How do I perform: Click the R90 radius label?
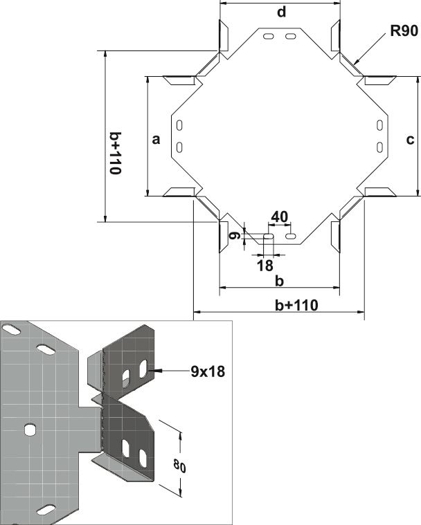point(404,31)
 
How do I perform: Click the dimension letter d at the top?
point(282,12)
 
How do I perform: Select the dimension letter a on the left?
point(156,139)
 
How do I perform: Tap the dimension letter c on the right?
point(410,140)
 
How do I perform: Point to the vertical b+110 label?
point(116,153)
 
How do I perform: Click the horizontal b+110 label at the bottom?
point(296,305)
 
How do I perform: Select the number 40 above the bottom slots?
point(279,217)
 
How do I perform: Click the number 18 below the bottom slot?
point(265,266)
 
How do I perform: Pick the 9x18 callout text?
point(208,371)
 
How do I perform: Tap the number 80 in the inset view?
point(179,466)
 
